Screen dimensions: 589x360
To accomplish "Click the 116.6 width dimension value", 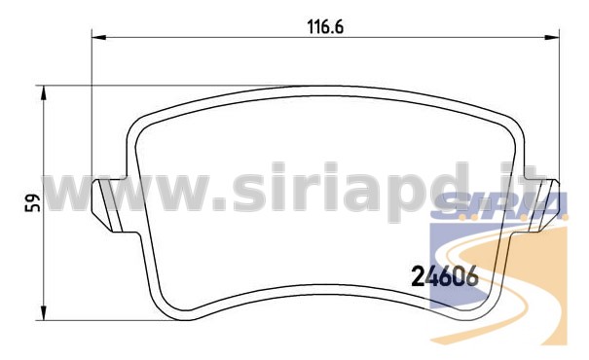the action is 325,27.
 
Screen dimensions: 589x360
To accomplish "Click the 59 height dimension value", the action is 33,202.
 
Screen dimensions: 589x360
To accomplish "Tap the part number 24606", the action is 445,276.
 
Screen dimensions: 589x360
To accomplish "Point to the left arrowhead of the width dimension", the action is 99,37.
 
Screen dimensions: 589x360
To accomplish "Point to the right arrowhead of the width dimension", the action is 552,37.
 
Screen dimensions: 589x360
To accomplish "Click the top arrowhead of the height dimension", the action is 44,92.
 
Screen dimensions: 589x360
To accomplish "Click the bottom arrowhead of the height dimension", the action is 44,313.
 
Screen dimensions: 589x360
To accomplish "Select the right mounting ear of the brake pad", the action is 542,205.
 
